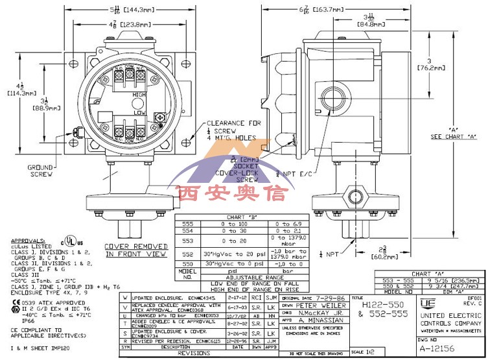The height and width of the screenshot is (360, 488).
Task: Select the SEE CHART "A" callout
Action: click(454, 137)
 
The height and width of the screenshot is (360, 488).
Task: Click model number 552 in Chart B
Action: click(187, 254)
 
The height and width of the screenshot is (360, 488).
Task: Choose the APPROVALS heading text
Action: click(23, 239)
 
